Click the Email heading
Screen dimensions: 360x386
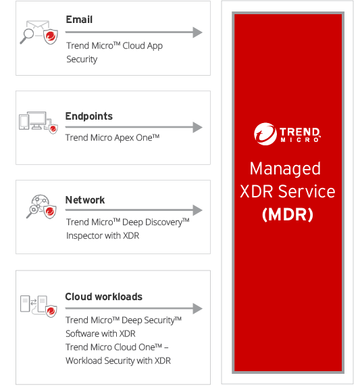click(x=79, y=20)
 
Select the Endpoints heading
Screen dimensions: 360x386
click(x=88, y=116)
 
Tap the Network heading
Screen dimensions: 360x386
click(x=85, y=200)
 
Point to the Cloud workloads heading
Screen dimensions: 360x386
click(x=104, y=297)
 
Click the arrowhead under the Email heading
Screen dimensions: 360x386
click(x=197, y=32)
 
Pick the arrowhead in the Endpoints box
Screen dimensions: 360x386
click(x=197, y=127)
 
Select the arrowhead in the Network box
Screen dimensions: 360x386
click(x=197, y=210)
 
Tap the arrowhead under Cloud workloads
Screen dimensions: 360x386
click(x=197, y=308)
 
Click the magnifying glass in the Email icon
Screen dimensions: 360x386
click(x=27, y=37)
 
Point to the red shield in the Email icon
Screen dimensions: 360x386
click(x=51, y=37)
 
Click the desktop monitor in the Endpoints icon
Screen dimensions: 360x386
click(x=36, y=120)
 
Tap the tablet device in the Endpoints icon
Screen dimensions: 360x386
click(x=24, y=122)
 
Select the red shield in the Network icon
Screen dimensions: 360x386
click(x=50, y=212)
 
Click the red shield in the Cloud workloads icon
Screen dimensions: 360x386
click(x=51, y=311)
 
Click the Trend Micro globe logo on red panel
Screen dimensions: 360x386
click(x=265, y=134)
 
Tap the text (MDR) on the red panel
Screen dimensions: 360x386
click(x=288, y=215)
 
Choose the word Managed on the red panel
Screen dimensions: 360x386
click(x=285, y=169)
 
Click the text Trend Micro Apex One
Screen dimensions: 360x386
click(x=112, y=138)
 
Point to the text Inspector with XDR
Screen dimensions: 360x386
click(x=103, y=235)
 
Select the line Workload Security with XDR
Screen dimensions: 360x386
click(x=118, y=360)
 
